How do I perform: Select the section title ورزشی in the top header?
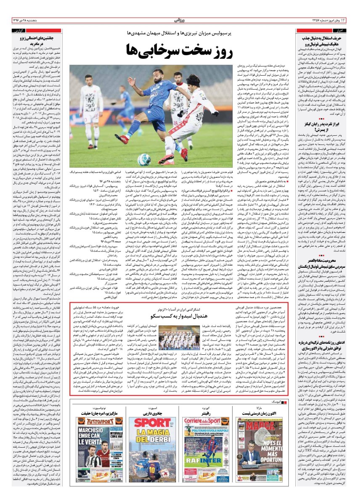pos(181,20)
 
